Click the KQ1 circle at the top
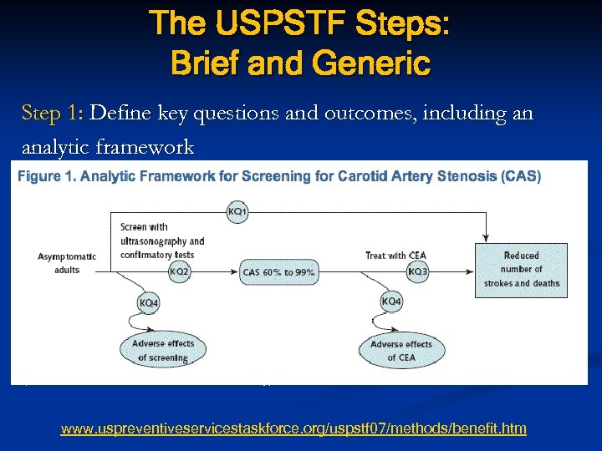[237, 212]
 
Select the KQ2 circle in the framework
[179, 271]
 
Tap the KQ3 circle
[416, 271]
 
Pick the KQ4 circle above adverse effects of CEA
[390, 302]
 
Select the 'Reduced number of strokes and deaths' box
[521, 269]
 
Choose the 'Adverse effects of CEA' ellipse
[401, 351]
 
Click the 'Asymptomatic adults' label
[67, 263]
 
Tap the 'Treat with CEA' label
[397, 255]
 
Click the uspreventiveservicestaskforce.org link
[293, 428]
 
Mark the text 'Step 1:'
[52, 113]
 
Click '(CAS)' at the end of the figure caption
[521, 176]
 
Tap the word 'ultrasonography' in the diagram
[162, 241]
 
